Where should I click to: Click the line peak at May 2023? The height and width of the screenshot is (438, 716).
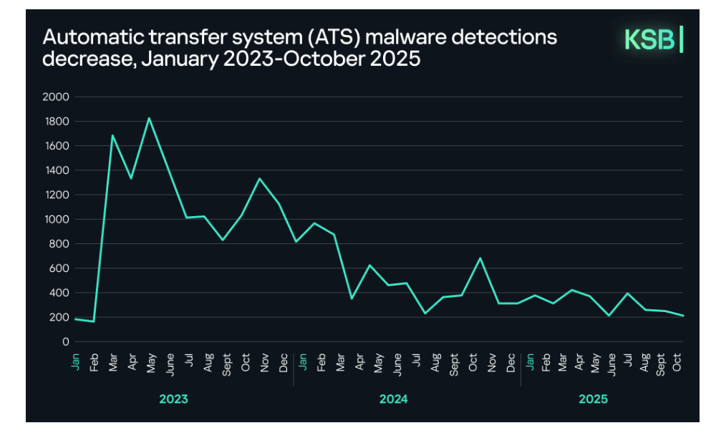[x=149, y=118]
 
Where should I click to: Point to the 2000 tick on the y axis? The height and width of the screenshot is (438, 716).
[x=56, y=97]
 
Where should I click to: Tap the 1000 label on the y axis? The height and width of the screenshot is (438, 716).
[x=56, y=220]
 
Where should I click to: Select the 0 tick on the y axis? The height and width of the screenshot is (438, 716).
[x=65, y=342]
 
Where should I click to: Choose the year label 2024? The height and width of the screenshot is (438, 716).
[x=393, y=399]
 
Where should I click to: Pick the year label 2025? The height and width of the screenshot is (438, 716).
[x=592, y=399]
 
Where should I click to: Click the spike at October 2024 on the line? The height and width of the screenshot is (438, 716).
[x=480, y=258]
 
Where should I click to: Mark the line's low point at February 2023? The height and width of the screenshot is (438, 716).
[x=94, y=321]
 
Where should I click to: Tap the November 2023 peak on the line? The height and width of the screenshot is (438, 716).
[x=259, y=179]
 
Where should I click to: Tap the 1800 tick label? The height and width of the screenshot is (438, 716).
[x=56, y=122]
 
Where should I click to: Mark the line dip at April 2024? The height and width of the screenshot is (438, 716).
[x=352, y=298]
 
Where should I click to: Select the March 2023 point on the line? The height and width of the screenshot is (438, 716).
[x=112, y=135]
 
